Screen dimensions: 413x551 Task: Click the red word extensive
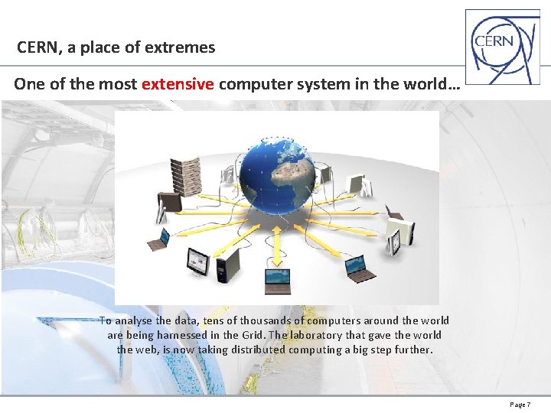(x=178, y=84)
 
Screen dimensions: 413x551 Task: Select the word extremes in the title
(x=182, y=47)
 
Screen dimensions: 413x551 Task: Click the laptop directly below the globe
(x=277, y=281)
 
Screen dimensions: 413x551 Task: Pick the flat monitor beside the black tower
(x=196, y=261)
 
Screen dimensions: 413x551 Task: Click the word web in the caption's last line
(x=148, y=350)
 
